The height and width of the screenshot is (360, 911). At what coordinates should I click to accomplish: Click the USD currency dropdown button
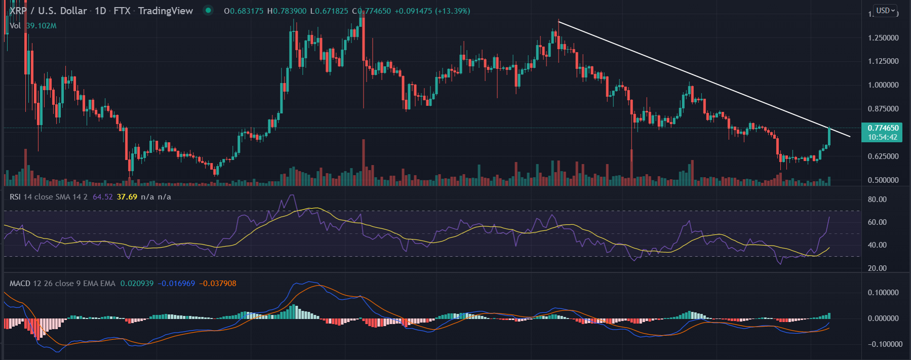click(x=886, y=11)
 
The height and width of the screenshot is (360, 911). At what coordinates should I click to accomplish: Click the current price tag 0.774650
click(x=883, y=128)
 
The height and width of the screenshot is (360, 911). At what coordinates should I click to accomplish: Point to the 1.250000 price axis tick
click(x=883, y=38)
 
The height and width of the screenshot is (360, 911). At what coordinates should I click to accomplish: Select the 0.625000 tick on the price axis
click(x=883, y=156)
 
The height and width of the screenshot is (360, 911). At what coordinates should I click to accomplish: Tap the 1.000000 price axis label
click(x=883, y=85)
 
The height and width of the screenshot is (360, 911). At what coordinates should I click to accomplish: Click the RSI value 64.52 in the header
click(x=103, y=197)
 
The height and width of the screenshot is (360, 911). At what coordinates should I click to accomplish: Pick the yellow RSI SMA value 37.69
click(x=127, y=197)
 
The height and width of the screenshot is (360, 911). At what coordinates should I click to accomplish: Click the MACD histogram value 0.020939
click(x=137, y=284)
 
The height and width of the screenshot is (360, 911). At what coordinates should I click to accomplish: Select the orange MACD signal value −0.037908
click(x=218, y=284)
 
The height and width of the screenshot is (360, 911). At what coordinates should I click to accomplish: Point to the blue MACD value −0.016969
click(x=176, y=284)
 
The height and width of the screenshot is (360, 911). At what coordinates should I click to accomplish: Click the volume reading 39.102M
click(x=42, y=26)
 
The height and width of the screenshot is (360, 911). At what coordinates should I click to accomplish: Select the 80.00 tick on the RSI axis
click(x=877, y=199)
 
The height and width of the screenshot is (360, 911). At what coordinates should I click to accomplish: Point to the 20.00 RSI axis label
click(x=877, y=268)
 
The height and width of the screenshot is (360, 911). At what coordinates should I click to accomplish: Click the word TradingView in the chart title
click(x=165, y=11)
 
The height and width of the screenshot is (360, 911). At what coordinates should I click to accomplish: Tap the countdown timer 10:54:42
click(x=882, y=137)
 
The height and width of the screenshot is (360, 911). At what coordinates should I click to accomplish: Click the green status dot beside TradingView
click(x=208, y=10)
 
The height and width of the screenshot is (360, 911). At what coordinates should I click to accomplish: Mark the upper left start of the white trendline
click(x=559, y=21)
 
